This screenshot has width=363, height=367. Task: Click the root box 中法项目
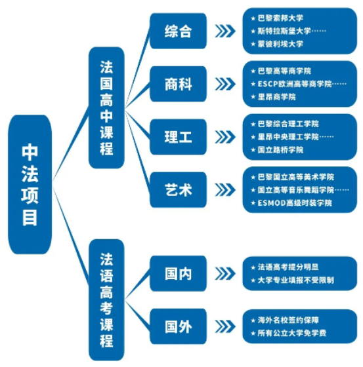[x=30, y=184]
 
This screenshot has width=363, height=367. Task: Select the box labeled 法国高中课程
[x=106, y=107]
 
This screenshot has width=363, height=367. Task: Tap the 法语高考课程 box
[x=106, y=300]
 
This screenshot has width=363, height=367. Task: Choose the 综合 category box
[x=178, y=31]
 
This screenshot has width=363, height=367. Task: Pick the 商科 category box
[x=178, y=84]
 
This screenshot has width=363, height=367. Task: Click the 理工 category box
[x=178, y=137]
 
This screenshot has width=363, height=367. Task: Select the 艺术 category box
[x=178, y=189]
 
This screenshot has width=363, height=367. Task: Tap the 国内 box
[x=178, y=274]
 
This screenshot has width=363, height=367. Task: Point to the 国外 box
[x=178, y=326]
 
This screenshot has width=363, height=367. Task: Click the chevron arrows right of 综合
[x=225, y=31]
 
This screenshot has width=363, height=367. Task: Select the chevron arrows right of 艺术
[x=225, y=189]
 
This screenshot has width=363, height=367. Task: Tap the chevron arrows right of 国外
[x=225, y=326]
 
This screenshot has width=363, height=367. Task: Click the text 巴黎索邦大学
[x=280, y=18]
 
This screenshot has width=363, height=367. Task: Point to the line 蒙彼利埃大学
[x=280, y=44]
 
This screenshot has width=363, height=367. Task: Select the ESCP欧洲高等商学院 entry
[x=295, y=84]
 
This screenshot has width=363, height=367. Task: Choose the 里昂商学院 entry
[x=277, y=97]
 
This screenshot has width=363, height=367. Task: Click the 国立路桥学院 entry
[x=280, y=150]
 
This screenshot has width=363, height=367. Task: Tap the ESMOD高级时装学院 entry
[x=295, y=203]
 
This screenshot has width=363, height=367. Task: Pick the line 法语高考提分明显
[x=288, y=267]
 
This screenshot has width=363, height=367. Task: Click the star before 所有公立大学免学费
[x=253, y=333]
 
